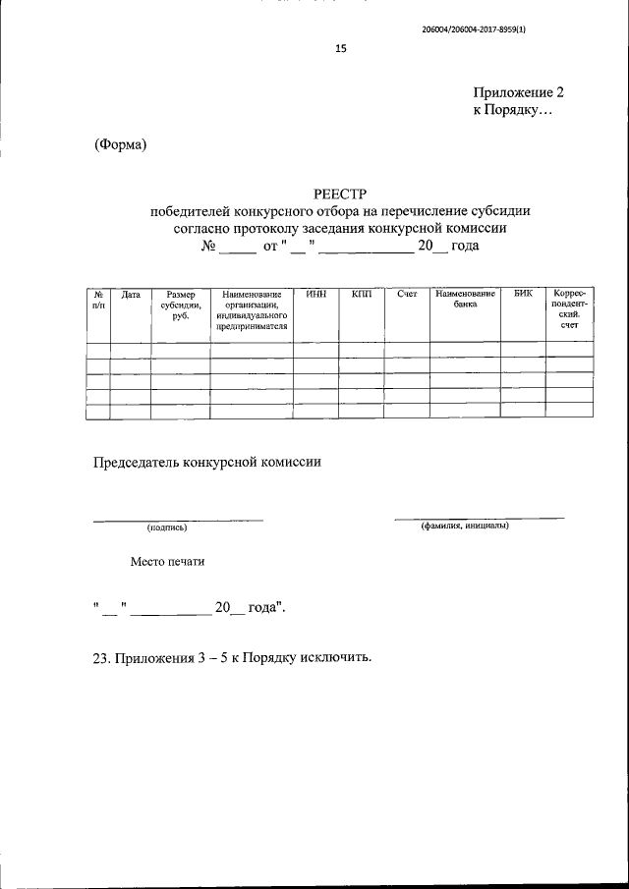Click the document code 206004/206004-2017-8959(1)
(485, 28)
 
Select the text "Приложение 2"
(519, 93)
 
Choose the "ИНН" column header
(315, 295)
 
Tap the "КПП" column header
(361, 295)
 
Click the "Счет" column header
(407, 295)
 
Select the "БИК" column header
(522, 295)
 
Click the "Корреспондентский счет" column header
(569, 310)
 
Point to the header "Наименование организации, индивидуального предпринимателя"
(252, 310)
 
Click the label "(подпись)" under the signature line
(166, 528)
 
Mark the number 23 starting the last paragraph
(100, 656)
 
